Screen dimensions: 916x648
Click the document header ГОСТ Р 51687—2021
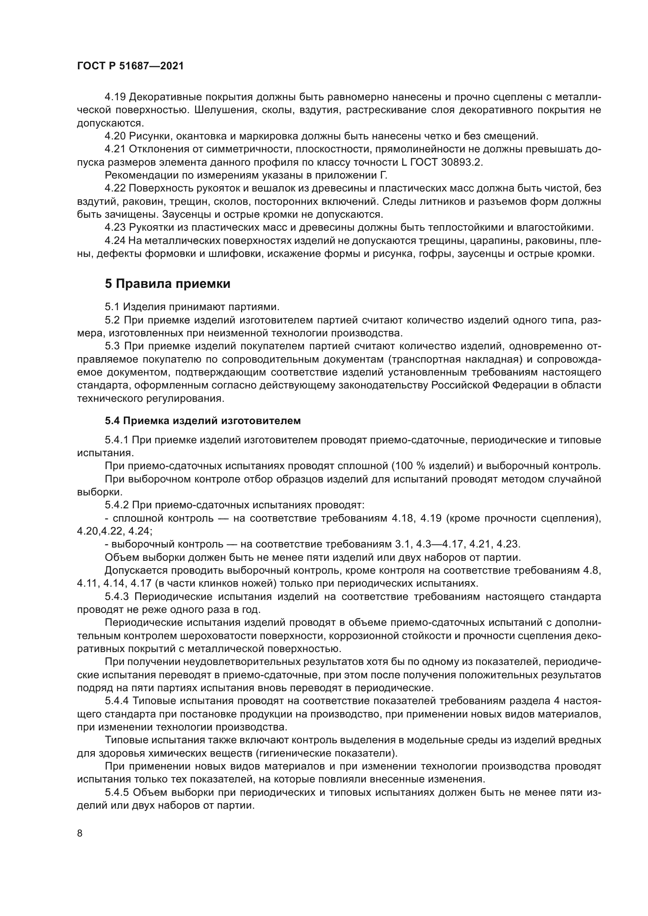[x=130, y=66]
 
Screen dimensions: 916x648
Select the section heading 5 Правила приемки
[x=168, y=284]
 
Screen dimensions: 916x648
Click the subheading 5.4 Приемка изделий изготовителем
[x=203, y=421]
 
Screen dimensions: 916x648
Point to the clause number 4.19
[x=115, y=97]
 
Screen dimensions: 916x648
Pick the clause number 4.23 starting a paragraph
[x=115, y=228]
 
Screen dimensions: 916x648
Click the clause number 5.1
[x=112, y=307]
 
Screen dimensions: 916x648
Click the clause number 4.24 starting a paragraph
[x=115, y=241]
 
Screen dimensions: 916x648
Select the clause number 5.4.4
[x=118, y=701]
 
